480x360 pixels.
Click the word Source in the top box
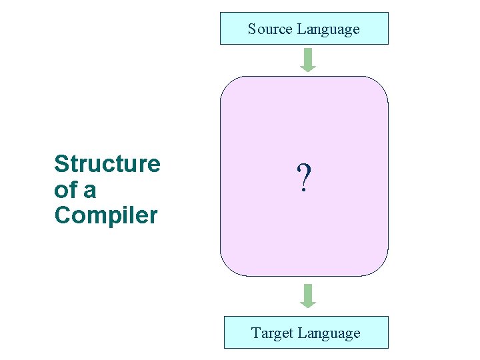[271, 29]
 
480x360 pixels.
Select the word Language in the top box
[328, 29]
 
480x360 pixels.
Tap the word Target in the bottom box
[273, 333]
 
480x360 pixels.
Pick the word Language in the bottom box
[329, 333]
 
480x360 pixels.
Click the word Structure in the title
[107, 163]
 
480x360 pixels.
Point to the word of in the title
[65, 190]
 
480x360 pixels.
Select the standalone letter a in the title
[89, 191]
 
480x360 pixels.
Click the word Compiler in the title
[106, 215]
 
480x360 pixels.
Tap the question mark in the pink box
[304, 178]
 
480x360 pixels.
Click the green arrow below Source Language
[307, 59]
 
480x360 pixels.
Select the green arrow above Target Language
[307, 295]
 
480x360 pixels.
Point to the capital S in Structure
[61, 163]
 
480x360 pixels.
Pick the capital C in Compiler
[62, 215]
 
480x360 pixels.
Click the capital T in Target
[256, 333]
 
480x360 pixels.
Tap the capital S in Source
[252, 29]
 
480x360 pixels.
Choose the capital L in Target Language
[303, 333]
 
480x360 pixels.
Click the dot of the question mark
[304, 191]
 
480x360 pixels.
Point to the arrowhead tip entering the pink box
[307, 70]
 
